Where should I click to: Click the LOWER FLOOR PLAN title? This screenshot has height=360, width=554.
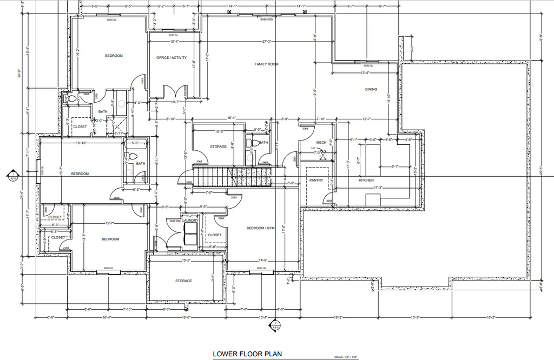(247, 355)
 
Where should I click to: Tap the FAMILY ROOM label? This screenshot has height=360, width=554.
(266, 64)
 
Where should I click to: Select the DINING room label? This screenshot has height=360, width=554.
(371, 90)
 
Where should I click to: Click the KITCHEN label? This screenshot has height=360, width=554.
(366, 180)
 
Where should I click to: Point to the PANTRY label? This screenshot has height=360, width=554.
(316, 181)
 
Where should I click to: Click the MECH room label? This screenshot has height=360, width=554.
(321, 143)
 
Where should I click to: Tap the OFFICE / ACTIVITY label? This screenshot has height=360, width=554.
(172, 58)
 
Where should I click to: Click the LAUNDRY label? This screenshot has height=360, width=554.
(190, 221)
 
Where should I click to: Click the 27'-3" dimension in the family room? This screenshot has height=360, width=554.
(266, 42)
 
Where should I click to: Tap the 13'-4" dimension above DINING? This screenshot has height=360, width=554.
(365, 73)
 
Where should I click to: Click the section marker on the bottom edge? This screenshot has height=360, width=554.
(275, 325)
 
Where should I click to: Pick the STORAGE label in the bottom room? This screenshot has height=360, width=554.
(184, 281)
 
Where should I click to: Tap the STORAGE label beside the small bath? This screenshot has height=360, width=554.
(219, 146)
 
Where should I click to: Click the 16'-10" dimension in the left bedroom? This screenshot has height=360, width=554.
(82, 143)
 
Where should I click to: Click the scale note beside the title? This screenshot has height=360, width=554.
(346, 357)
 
